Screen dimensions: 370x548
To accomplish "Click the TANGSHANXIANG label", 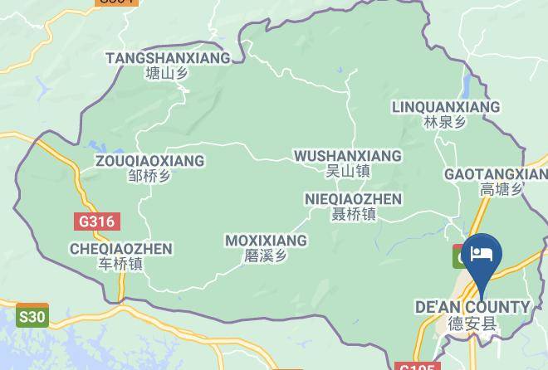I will pos(168,58).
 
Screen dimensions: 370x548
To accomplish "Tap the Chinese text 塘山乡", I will pos(167,73).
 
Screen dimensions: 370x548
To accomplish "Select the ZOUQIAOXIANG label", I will pos(149,161).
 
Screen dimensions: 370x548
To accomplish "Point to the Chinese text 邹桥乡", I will pos(149,176).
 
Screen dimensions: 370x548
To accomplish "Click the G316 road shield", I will pos(96,222).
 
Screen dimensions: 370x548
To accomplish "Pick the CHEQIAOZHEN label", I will pos(121,249).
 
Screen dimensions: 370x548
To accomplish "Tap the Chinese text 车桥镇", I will pos(121,264).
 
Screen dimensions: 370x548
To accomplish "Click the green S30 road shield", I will pos(32,316).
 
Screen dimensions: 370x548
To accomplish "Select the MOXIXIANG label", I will pos(266,241).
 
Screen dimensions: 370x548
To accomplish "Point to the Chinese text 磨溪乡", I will pos(266,256).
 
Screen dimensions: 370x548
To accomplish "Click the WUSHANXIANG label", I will pos(347,156).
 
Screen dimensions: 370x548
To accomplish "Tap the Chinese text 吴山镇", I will pos(347,171).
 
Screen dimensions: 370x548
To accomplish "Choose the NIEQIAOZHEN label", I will pos(353,199).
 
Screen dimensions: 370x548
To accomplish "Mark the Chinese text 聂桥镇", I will pos(353,214).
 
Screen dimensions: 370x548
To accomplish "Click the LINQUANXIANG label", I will pos(445,107).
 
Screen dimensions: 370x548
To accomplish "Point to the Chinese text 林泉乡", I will pos(445,122).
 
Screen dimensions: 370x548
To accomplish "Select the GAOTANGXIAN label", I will pos(496,174).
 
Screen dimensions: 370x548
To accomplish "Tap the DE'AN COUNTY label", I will pos(472,308).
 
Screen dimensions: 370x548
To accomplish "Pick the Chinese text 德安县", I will pos(472,324).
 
